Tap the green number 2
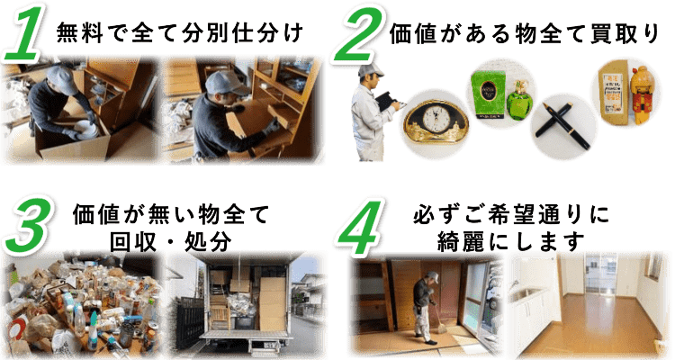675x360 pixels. tap(357, 34)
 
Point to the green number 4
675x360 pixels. tap(361, 227)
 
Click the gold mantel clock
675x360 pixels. tap(436, 121)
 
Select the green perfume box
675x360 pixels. tap(488, 94)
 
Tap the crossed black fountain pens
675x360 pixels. tap(562, 125)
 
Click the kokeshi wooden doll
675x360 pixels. tap(643, 95)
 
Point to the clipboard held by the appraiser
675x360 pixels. tap(386, 102)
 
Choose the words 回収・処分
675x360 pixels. tap(171, 242)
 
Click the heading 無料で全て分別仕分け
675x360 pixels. tap(180, 33)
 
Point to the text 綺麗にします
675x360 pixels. tap(511, 242)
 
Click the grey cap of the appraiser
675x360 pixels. tap(370, 69)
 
